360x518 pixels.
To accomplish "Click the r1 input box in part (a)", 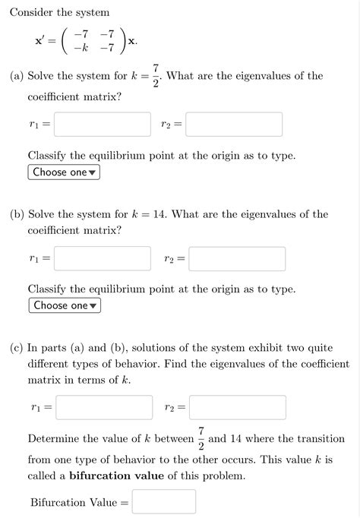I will point(102,124).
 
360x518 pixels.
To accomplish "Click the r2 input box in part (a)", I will point(234,124).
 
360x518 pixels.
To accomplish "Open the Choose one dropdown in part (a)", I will point(65,172).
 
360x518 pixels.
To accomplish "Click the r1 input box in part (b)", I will point(102,258).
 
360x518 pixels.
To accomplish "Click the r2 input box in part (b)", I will point(237,258).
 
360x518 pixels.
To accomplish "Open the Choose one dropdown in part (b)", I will point(65,305).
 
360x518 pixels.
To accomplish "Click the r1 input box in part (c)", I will point(103,407).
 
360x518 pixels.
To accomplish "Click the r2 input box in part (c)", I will point(237,407).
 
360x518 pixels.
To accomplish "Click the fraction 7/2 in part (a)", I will point(155,75).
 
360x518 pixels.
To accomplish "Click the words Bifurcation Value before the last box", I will point(74,502).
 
